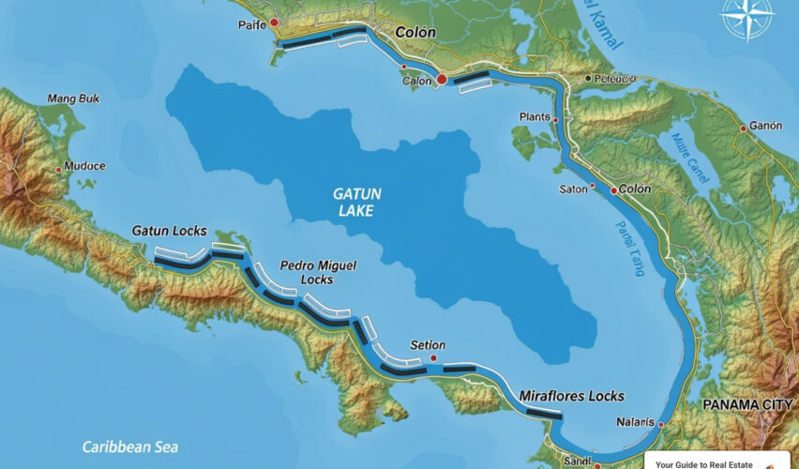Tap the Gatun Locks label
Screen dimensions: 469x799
[x=170, y=231]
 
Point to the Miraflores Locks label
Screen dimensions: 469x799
[x=572, y=396]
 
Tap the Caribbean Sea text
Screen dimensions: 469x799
[x=129, y=447]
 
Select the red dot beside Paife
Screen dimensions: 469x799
[x=274, y=22]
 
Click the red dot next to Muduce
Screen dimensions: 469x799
[x=58, y=170]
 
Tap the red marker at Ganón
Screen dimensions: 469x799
[x=743, y=128]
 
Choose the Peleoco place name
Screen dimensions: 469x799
[x=616, y=79]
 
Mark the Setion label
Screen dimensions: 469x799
[x=428, y=345]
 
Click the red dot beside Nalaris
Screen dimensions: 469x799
[x=661, y=425]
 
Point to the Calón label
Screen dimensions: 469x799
[x=417, y=81]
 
